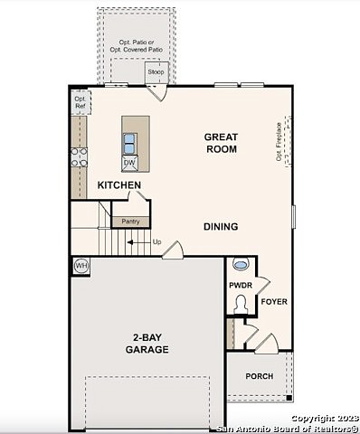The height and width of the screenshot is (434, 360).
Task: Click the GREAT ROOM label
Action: (x=221, y=143)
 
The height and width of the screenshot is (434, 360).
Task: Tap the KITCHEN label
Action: (x=119, y=185)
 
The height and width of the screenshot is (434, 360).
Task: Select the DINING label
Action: (x=221, y=227)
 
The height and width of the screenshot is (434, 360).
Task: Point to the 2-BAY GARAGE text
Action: (x=147, y=343)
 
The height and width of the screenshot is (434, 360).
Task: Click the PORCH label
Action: (x=260, y=377)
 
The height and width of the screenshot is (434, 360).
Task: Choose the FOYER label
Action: (x=274, y=301)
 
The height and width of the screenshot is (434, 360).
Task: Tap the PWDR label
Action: (x=240, y=285)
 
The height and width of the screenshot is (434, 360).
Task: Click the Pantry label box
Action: (x=125, y=220)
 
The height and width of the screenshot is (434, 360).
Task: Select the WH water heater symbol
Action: (x=81, y=266)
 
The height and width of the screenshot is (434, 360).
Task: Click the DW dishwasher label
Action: (x=130, y=163)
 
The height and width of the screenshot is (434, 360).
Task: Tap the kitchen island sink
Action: (x=130, y=143)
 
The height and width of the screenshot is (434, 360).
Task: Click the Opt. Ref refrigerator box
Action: (x=80, y=102)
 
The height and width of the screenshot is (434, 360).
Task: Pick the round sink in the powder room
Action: (x=241, y=265)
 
